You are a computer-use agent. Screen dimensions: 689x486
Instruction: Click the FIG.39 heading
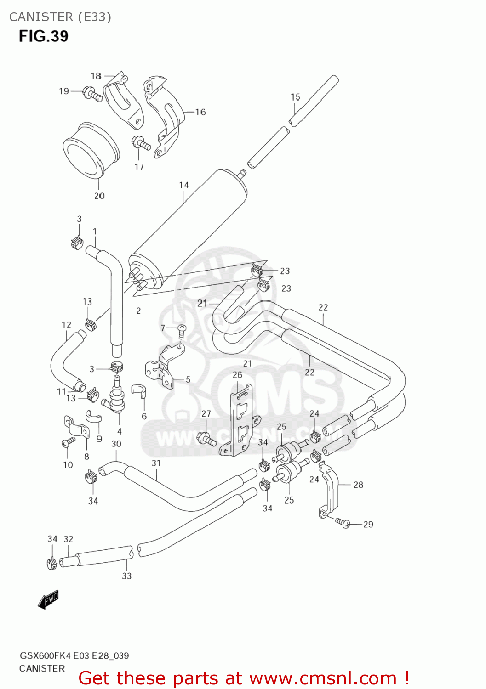pos(43,36)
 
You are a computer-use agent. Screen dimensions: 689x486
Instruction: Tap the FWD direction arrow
pos(48,599)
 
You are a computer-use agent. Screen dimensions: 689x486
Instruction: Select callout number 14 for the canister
pos(183,185)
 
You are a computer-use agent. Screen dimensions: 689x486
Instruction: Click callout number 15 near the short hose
pos(295,97)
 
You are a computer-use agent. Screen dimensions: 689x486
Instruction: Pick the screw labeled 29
pos(343,523)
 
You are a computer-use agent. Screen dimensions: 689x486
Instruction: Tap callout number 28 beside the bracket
pos(358,485)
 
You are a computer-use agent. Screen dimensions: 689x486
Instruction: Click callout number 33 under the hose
pos(126,576)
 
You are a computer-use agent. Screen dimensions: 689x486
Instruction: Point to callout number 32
pos(68,539)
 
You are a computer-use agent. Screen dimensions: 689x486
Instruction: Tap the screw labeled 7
pos(181,329)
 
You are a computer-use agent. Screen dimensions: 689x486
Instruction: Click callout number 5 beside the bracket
pos(188,379)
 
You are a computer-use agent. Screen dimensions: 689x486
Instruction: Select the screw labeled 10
pos(68,442)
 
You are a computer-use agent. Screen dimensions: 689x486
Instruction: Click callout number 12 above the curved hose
pos(66,325)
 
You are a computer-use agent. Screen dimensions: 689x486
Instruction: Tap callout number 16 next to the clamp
pos(200,112)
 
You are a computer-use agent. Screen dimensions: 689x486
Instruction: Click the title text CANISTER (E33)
pos(60,17)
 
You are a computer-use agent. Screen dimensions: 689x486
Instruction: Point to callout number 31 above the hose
pos(156,463)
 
